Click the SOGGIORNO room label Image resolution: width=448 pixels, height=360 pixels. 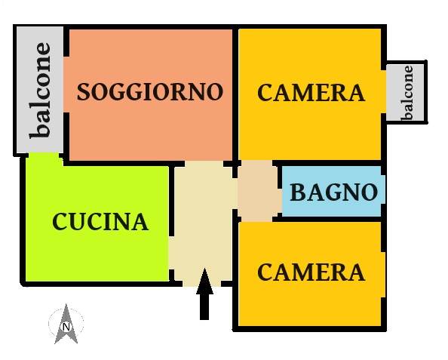coord(150,92)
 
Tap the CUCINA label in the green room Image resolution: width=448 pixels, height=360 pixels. coord(100,222)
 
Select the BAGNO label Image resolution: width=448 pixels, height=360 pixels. coord(333,192)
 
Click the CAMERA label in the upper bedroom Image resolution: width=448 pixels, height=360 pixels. coord(311,92)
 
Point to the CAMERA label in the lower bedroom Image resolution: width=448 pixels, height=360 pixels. coord(311,272)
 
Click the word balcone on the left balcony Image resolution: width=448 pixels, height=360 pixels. coord(40,91)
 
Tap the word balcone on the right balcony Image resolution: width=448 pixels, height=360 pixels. coord(407,93)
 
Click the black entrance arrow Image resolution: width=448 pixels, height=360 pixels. coord(204,294)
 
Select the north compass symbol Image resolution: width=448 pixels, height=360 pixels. coord(66,324)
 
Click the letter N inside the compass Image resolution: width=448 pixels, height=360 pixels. coord(66,327)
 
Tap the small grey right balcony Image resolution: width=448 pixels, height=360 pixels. coord(405,92)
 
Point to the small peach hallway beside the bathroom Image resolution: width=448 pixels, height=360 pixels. coord(259,191)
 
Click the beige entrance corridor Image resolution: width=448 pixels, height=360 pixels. coord(203,223)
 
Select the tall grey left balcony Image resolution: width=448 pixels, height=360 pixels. coord(40,90)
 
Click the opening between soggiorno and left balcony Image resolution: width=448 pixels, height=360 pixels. coord(66,85)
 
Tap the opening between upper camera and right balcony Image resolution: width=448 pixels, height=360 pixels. coord(384,91)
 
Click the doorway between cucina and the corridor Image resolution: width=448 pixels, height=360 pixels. coord(171,253)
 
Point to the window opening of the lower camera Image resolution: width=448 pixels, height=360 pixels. coord(383,275)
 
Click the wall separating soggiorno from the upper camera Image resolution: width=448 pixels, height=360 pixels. coord(235,94)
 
